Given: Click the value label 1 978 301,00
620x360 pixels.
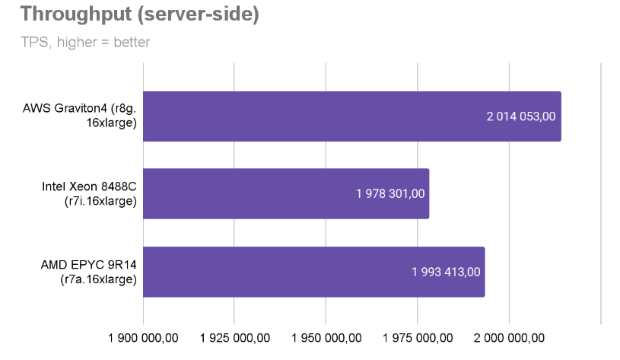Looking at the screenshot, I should (390, 194).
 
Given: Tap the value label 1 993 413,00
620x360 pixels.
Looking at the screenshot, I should (446, 272).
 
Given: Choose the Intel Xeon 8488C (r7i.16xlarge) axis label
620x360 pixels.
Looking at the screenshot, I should (89, 193).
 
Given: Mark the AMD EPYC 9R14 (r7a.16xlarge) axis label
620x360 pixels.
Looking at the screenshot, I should (88, 272).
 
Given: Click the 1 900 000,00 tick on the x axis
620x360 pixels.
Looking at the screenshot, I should (143, 338).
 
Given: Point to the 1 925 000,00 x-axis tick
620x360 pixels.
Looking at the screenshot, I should (234, 338).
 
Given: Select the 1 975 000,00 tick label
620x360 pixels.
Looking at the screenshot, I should (418, 338).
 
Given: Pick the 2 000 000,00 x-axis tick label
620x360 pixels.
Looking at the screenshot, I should (509, 338).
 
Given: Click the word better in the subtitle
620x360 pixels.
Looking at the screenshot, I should (132, 42).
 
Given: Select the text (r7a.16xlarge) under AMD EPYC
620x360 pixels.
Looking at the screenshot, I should (98, 279).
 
